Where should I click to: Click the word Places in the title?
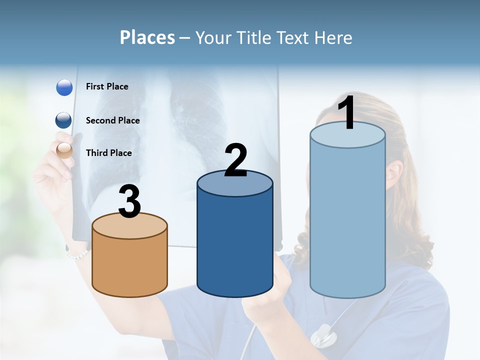[147, 37]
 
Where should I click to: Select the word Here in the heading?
[334, 37]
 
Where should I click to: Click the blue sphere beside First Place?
[64, 87]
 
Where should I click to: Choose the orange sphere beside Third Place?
[64, 150]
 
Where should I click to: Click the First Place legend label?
[107, 86]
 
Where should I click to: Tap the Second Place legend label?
[112, 120]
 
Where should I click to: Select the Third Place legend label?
[108, 153]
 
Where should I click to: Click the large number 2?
[235, 160]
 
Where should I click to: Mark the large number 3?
[129, 201]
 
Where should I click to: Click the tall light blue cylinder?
[347, 220]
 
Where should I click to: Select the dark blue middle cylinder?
[235, 245]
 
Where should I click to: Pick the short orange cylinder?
[130, 265]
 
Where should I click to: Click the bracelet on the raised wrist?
[77, 253]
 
